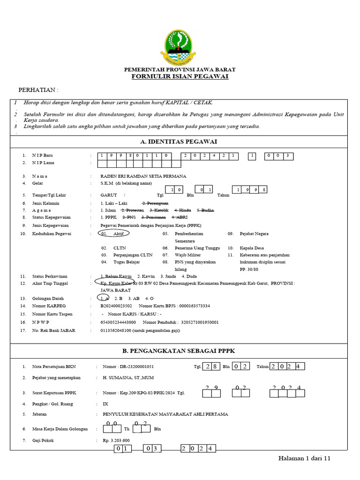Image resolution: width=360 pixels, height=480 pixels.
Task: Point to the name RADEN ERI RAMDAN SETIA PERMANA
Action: click(143, 176)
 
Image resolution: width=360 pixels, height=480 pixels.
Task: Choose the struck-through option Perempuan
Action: click(155, 203)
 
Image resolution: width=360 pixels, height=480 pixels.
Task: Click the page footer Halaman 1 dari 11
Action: click(305, 458)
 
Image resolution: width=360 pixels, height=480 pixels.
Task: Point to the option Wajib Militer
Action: click(187, 255)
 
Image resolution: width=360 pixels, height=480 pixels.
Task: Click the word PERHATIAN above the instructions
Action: click(38, 90)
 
